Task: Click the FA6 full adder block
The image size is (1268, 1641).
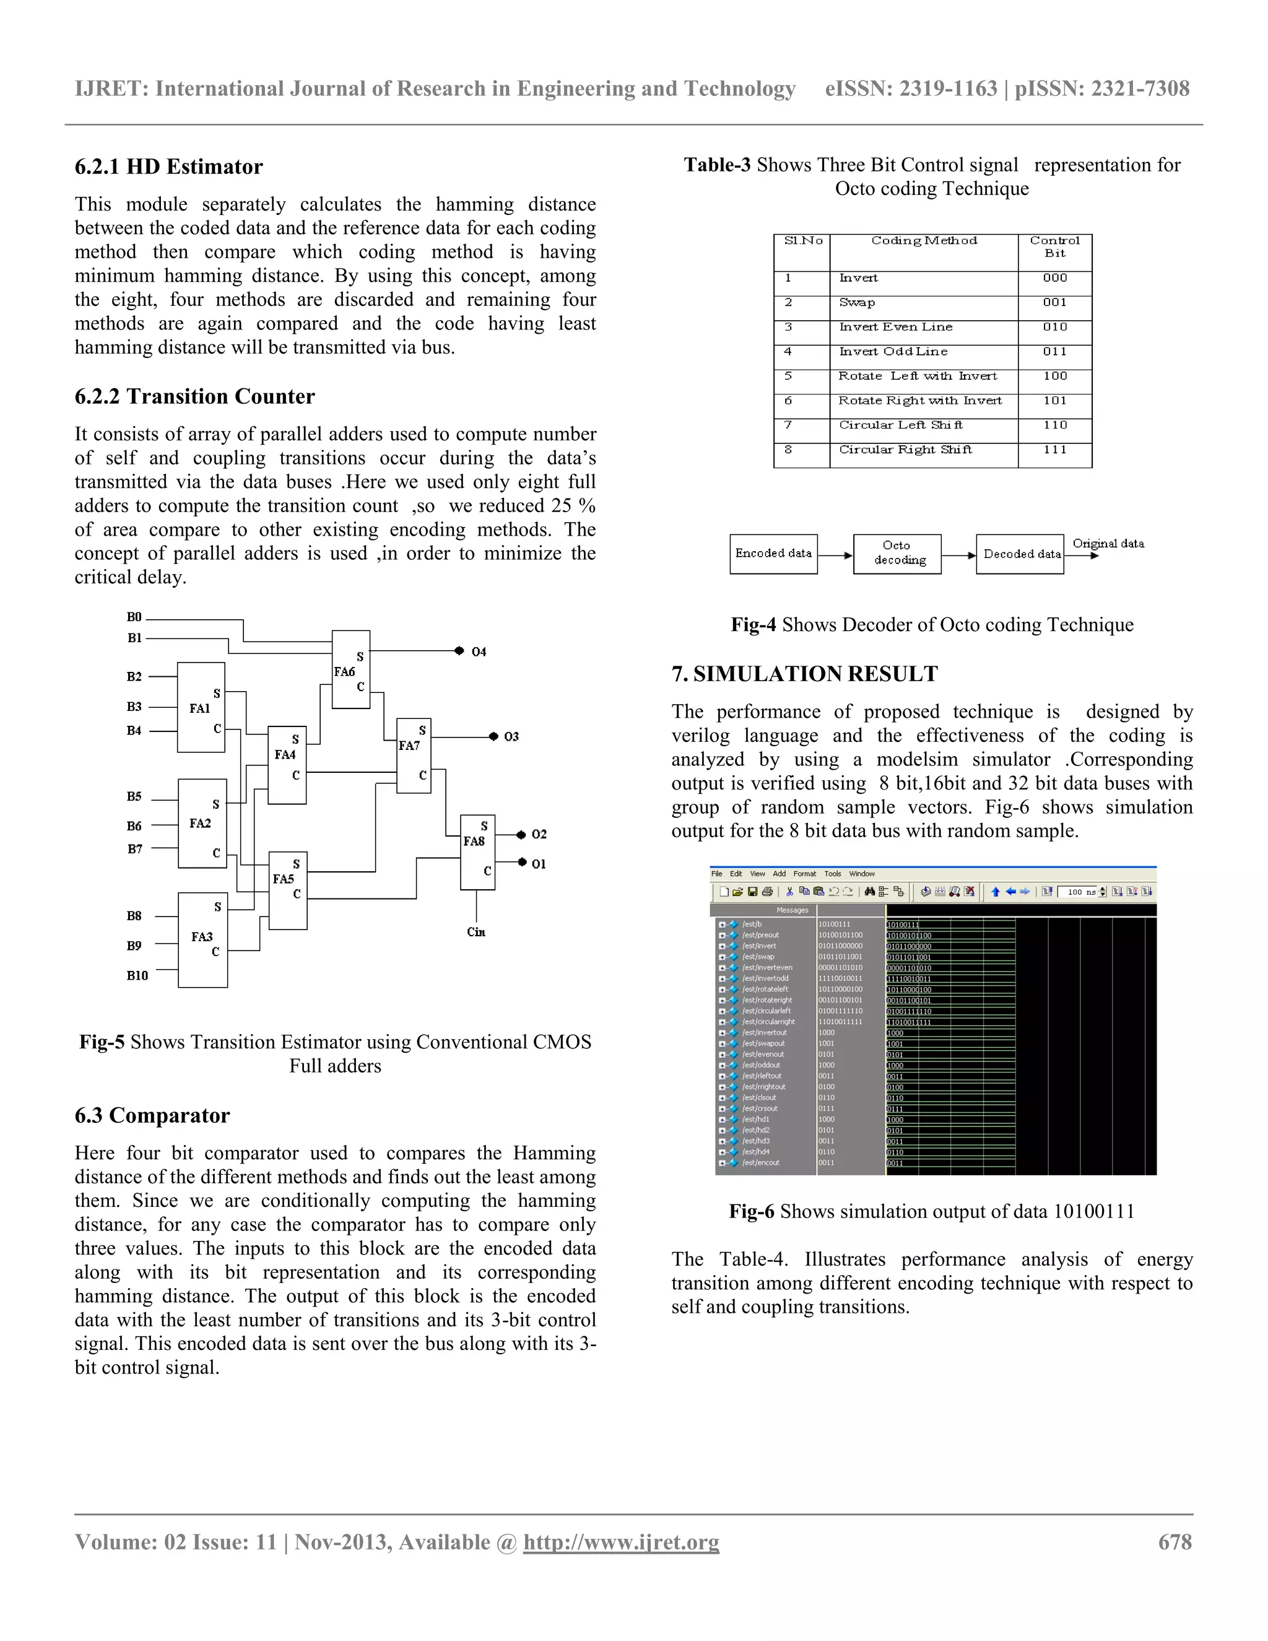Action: pos(351,669)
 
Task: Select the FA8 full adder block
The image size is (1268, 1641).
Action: pos(478,851)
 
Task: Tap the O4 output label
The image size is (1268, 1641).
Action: pos(479,651)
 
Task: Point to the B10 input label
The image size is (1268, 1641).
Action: pos(137,975)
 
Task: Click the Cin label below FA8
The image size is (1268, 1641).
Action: pos(476,932)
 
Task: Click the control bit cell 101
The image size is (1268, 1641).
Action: pos(1054,401)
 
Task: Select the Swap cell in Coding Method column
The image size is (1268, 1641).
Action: pos(857,302)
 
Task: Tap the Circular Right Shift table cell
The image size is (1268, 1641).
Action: pos(905,450)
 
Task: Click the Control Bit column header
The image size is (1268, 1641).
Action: pos(1054,246)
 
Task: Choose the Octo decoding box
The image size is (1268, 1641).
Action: pos(897,553)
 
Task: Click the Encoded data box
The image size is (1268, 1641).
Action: pos(773,553)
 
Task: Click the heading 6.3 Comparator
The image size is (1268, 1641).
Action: pos(152,1115)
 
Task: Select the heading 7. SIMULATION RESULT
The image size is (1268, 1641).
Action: pos(804,673)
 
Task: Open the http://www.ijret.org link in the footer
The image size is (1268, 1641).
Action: pos(621,1542)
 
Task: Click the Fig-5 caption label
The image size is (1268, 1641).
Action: pos(102,1042)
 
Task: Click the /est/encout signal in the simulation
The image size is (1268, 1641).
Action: pos(761,1162)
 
